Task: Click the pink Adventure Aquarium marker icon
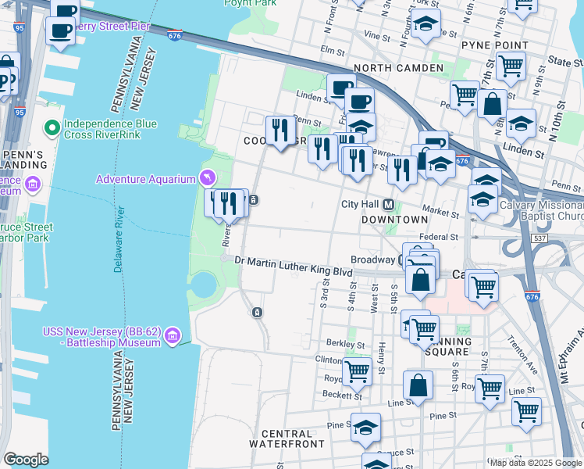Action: click(x=208, y=179)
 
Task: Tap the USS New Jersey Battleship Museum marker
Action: click(x=173, y=336)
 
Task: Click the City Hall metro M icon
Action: click(x=389, y=205)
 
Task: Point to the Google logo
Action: click(x=26, y=459)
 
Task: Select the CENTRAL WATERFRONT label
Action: click(x=281, y=439)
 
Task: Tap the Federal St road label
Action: click(x=437, y=236)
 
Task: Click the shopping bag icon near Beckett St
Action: click(x=418, y=385)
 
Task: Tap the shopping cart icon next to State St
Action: click(x=511, y=67)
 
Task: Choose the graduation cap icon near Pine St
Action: click(x=365, y=428)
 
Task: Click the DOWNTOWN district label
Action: click(x=395, y=220)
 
